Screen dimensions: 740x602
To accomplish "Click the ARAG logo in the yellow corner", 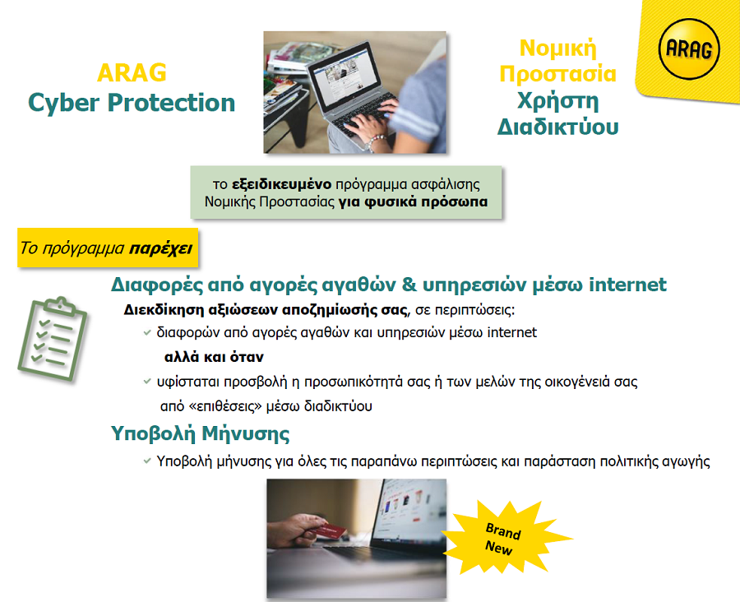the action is (688, 53).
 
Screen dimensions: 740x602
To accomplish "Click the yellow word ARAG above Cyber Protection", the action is (132, 72).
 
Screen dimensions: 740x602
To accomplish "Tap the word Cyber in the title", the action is (64, 103).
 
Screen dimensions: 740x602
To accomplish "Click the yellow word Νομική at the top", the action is (557, 47).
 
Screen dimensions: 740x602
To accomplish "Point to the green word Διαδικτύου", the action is (557, 127).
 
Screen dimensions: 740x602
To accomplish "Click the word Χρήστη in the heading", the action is (557, 101).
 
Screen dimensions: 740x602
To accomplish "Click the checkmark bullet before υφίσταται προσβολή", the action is (146, 382).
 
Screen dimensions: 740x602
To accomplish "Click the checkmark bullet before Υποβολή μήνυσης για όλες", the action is (146, 461).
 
